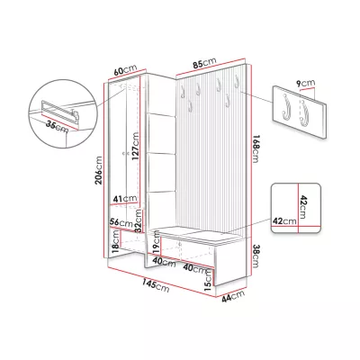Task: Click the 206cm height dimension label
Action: coord(99,170)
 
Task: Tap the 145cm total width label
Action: coord(156,284)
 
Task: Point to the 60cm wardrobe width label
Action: coord(125,70)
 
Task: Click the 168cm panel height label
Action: coord(256,149)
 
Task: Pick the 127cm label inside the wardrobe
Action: coord(135,147)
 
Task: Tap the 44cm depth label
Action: coord(233,296)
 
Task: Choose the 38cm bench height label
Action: coord(256,256)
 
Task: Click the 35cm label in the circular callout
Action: coord(58,126)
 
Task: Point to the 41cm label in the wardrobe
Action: coord(125,198)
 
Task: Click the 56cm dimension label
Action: coord(121,222)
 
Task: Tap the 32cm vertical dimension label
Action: coord(138,220)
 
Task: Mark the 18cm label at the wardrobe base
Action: coord(115,242)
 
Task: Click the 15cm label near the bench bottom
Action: coord(207,280)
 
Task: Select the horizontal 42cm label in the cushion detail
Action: coord(284,221)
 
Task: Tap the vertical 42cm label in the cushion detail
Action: coord(302,207)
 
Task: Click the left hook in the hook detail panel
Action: coord(283,107)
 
